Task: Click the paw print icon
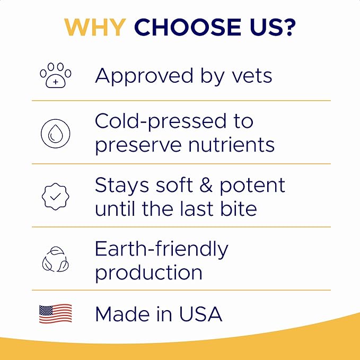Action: [56, 76]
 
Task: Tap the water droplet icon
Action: [56, 134]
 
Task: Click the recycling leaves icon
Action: [56, 259]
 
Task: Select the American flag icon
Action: [56, 314]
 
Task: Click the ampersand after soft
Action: [203, 185]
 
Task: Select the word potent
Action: [252, 186]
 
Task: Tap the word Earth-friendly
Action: [162, 249]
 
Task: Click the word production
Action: [149, 273]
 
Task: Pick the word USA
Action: [199, 314]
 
